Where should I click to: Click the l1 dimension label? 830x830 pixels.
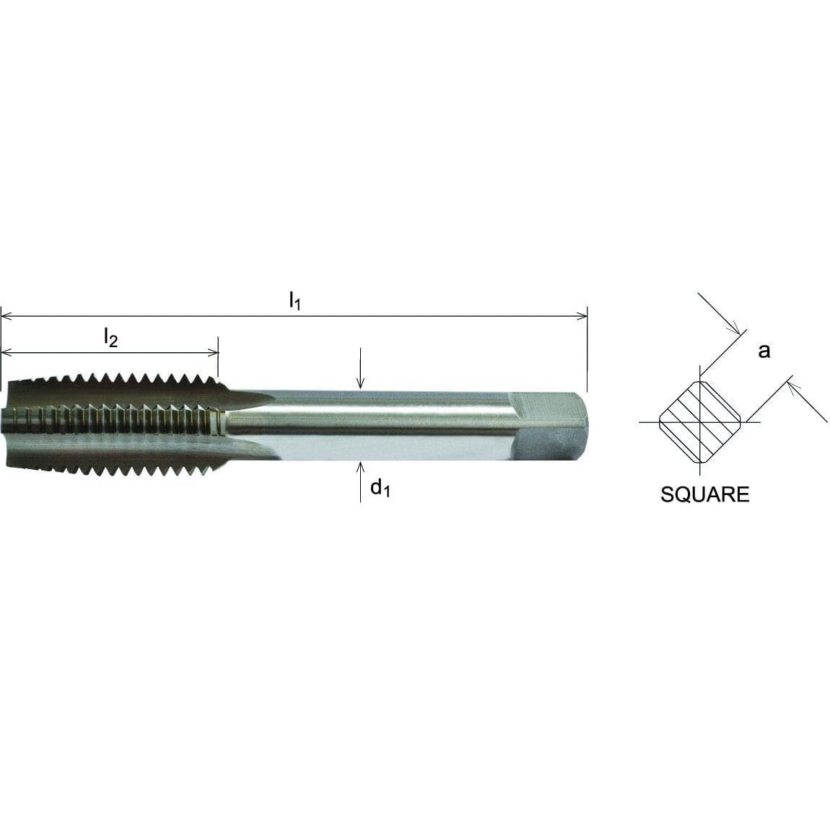point(294,300)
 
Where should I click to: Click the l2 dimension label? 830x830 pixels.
point(110,336)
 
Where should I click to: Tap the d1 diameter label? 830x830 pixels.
point(380,489)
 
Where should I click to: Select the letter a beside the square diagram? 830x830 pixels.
point(764,351)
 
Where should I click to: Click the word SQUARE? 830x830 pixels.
point(704,494)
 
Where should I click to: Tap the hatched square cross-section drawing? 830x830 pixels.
point(699,422)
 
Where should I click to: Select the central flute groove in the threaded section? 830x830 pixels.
point(115,418)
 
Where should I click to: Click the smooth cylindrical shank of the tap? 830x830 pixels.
point(390,426)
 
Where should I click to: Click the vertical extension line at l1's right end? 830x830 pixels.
point(587,346)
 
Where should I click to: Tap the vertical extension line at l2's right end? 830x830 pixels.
point(218,357)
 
